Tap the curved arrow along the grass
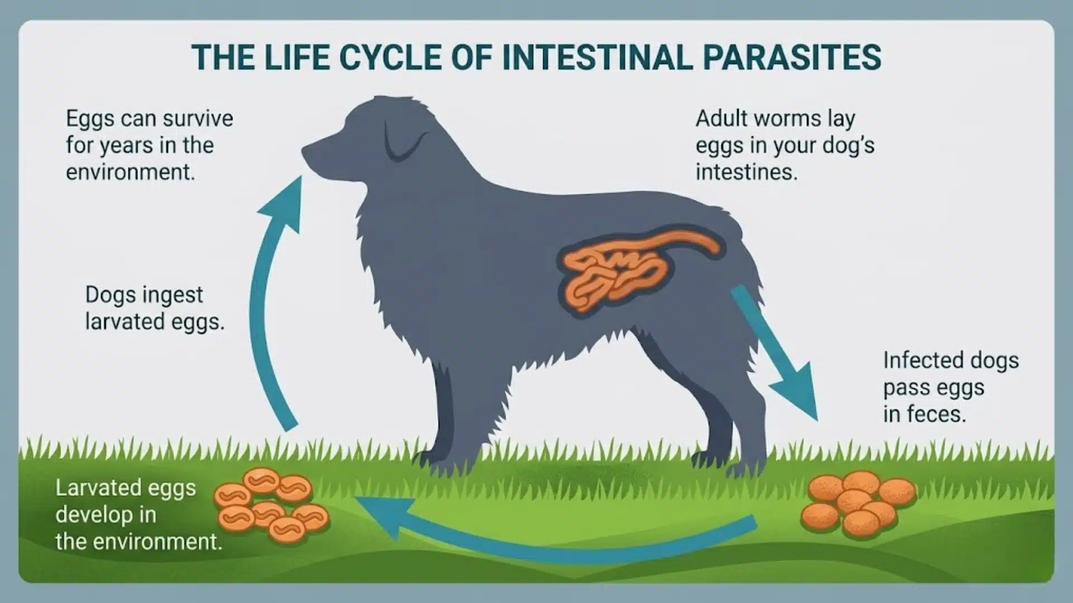[x=559, y=539]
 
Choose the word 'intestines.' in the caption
[x=746, y=172]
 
